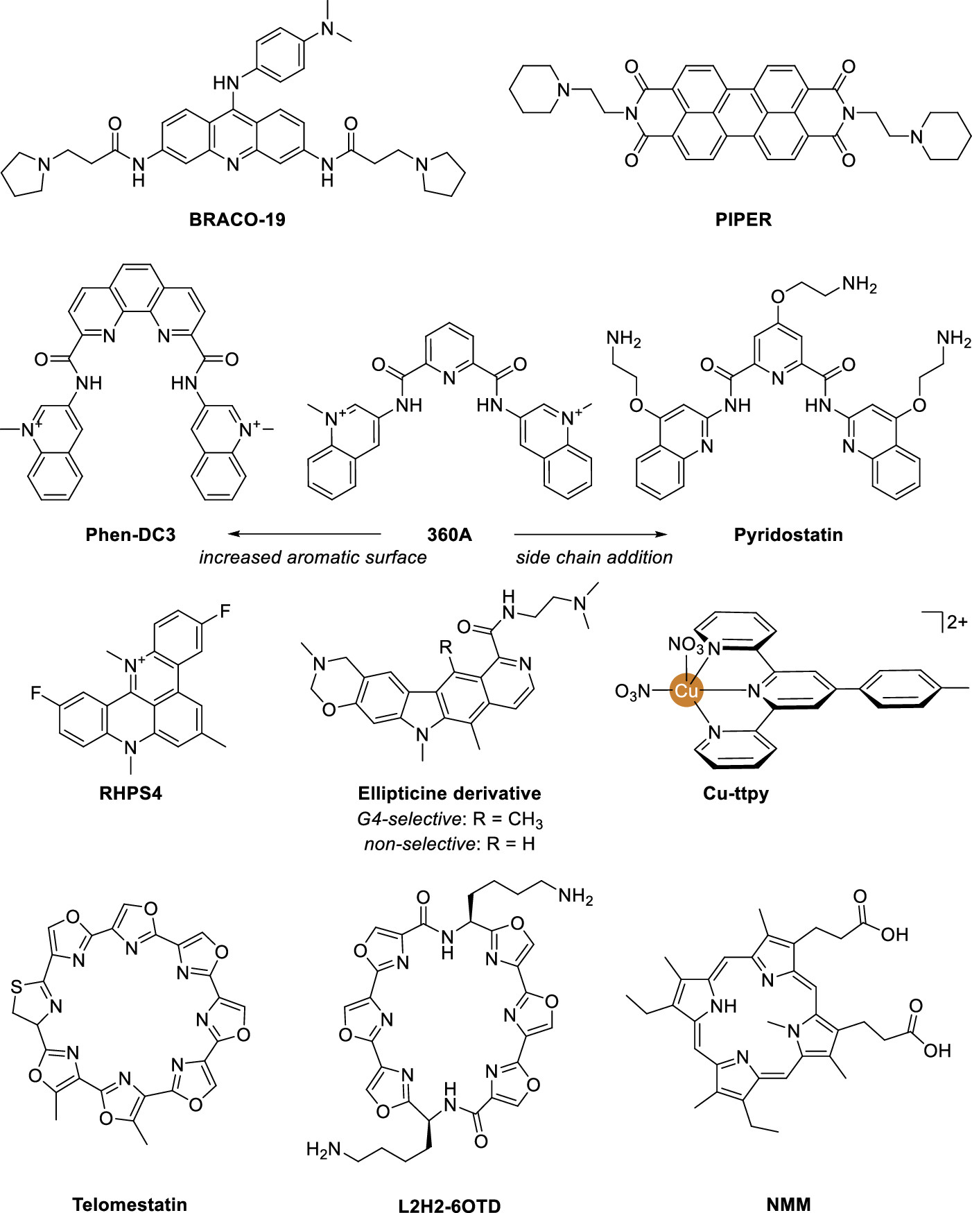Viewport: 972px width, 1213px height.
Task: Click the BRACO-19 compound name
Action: pyautogui.click(x=237, y=220)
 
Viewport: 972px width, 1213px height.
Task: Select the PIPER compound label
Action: pyautogui.click(x=743, y=220)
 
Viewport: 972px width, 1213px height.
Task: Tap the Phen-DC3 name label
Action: pyautogui.click(x=130, y=535)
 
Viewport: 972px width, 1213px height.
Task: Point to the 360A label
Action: pyautogui.click(x=449, y=535)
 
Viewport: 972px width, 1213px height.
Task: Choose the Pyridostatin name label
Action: pyautogui.click(x=788, y=535)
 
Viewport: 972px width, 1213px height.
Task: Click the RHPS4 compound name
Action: pyautogui.click(x=130, y=793)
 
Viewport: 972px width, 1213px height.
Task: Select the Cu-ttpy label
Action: pyautogui.click(x=736, y=793)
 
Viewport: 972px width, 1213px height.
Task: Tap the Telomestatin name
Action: pyautogui.click(x=130, y=1204)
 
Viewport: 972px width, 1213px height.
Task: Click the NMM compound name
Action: pyautogui.click(x=789, y=1204)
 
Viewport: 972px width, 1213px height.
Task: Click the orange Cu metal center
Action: pyautogui.click(x=686, y=691)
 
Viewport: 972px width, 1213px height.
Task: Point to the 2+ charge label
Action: pyautogui.click(x=957, y=622)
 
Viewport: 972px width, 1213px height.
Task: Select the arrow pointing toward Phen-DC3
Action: pyautogui.click(x=305, y=534)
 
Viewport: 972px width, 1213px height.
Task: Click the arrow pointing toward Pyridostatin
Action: pyautogui.click(x=590, y=534)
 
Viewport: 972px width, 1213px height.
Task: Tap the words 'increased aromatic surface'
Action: pyautogui.click(x=313, y=558)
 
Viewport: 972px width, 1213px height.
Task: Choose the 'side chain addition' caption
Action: pyautogui.click(x=594, y=558)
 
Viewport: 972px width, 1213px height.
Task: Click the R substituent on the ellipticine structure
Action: pyautogui.click(x=446, y=648)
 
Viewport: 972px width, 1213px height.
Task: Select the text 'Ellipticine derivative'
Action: pyautogui.click(x=449, y=793)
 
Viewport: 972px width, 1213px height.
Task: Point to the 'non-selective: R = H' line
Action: pyautogui.click(x=449, y=844)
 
